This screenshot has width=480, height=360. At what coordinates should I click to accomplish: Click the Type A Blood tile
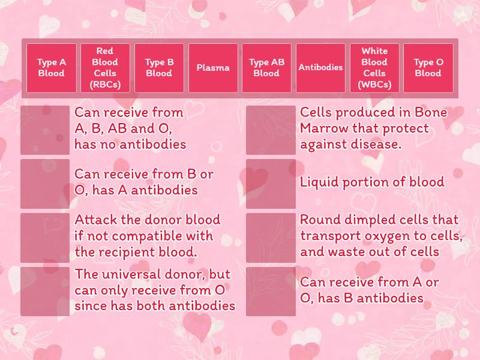(x=52, y=68)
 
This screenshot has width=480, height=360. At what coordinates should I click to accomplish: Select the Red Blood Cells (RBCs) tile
(x=105, y=68)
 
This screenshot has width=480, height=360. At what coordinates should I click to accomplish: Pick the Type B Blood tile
(x=159, y=68)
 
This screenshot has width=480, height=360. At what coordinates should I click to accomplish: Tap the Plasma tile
(x=213, y=68)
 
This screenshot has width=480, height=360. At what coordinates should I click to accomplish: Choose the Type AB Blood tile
(x=266, y=68)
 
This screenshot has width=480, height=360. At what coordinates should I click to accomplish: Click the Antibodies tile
(x=320, y=68)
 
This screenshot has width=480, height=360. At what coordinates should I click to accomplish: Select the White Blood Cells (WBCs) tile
(x=374, y=68)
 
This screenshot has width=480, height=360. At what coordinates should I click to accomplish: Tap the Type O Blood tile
(x=428, y=68)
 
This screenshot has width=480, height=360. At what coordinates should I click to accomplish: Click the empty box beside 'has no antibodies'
(x=45, y=130)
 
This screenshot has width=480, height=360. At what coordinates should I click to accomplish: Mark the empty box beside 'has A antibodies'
(x=45, y=184)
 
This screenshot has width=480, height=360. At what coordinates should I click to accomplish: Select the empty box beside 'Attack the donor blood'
(x=45, y=238)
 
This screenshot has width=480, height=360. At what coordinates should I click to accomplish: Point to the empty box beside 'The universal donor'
(x=45, y=292)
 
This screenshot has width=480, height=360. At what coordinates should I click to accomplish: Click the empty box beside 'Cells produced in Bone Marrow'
(x=271, y=130)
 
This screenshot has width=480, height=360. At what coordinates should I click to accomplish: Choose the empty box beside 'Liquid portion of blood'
(x=271, y=184)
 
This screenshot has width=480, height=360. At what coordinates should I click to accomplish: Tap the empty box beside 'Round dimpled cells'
(x=271, y=238)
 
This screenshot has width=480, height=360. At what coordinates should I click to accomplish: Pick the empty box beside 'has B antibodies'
(x=271, y=292)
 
